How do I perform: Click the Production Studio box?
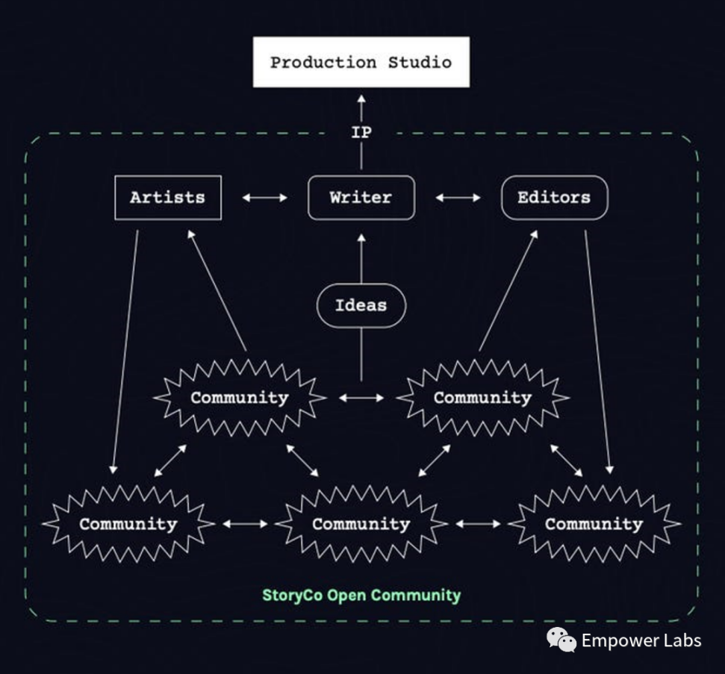click(x=361, y=62)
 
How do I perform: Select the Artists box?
click(x=167, y=198)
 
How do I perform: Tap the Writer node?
click(x=361, y=198)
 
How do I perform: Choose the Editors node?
click(x=554, y=198)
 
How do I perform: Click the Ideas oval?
click(x=361, y=305)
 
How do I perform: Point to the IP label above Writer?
click(x=361, y=133)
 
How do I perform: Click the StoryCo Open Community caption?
click(x=361, y=595)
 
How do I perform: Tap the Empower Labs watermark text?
click(x=641, y=640)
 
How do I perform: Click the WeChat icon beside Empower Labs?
click(x=561, y=640)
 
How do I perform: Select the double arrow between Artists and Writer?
click(x=265, y=198)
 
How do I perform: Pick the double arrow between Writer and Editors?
click(x=458, y=198)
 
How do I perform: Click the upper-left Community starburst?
click(x=239, y=398)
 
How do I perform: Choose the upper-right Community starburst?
click(x=482, y=398)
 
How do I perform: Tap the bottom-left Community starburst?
click(x=128, y=524)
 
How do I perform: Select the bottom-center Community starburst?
click(x=361, y=524)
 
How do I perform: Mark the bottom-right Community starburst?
click(x=594, y=524)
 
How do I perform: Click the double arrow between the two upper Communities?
click(x=361, y=398)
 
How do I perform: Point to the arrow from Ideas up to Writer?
click(x=361, y=258)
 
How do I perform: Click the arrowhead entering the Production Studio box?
click(x=361, y=98)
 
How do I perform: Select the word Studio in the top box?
click(x=420, y=62)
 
